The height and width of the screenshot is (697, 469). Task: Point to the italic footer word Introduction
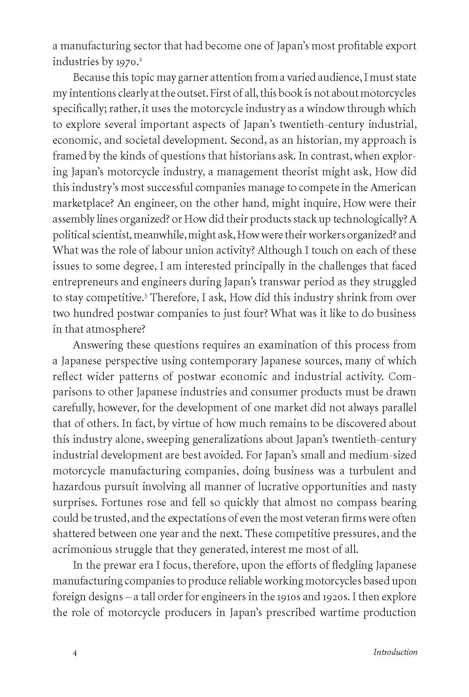[395, 652]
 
